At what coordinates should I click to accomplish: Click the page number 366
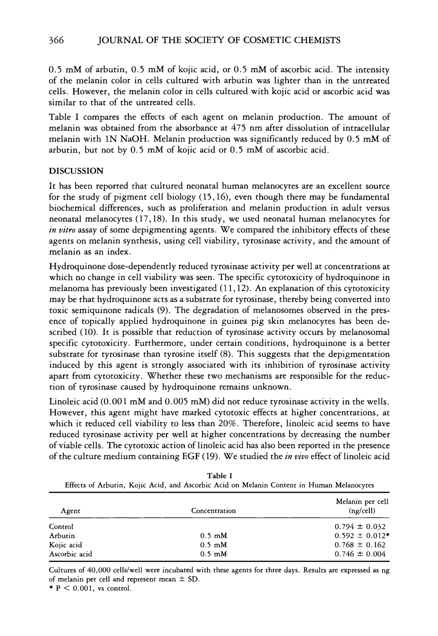56,40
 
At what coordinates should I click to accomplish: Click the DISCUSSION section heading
76,171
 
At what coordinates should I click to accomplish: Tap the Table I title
219,475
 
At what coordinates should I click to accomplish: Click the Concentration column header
213,511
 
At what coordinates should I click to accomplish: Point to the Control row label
61,526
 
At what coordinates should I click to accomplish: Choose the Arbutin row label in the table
62,536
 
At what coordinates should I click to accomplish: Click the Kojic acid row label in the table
65,545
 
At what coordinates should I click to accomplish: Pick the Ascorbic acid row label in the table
70,554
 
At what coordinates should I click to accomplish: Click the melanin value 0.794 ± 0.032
360,526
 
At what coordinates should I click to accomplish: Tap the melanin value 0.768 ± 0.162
360,545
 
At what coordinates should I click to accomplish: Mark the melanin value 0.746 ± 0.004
360,554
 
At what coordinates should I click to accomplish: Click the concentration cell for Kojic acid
214,545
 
